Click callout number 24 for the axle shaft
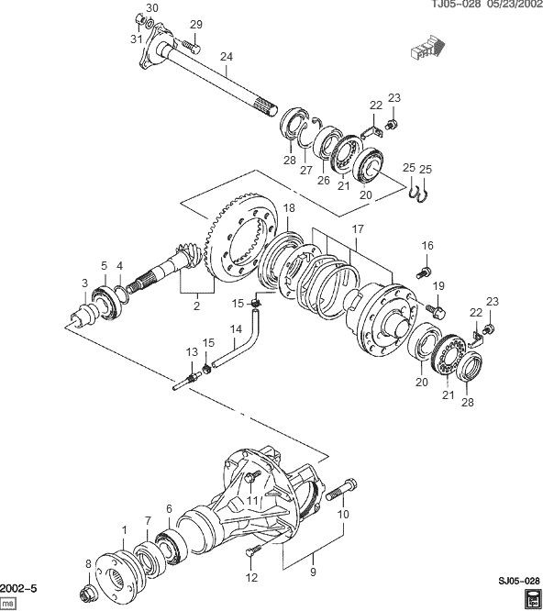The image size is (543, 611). click(227, 56)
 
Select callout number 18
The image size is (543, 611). click(288, 208)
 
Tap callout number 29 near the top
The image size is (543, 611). click(194, 24)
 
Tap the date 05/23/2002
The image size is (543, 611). click(509, 6)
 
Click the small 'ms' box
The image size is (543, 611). click(8, 601)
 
